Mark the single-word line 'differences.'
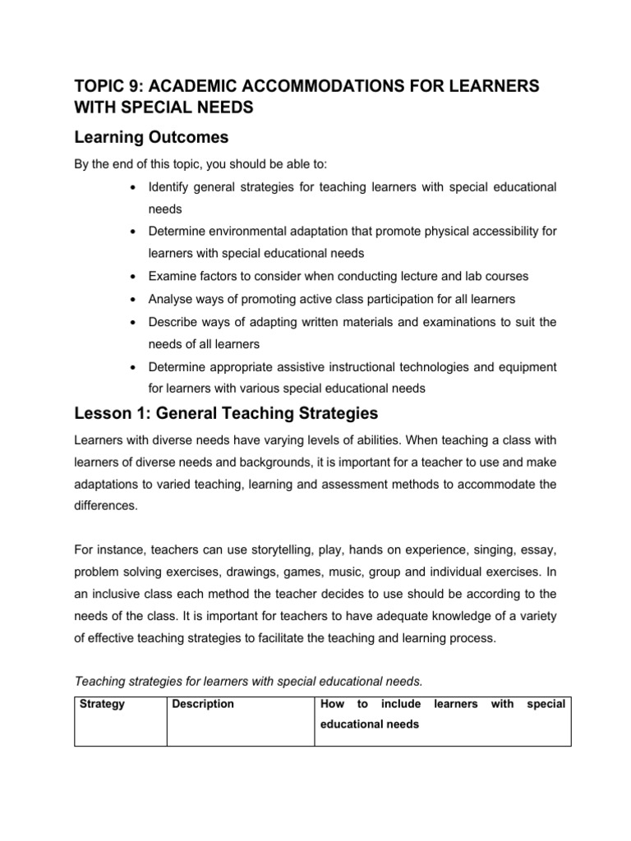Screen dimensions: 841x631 (x=102, y=507)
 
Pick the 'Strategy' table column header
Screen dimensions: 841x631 (x=102, y=704)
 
